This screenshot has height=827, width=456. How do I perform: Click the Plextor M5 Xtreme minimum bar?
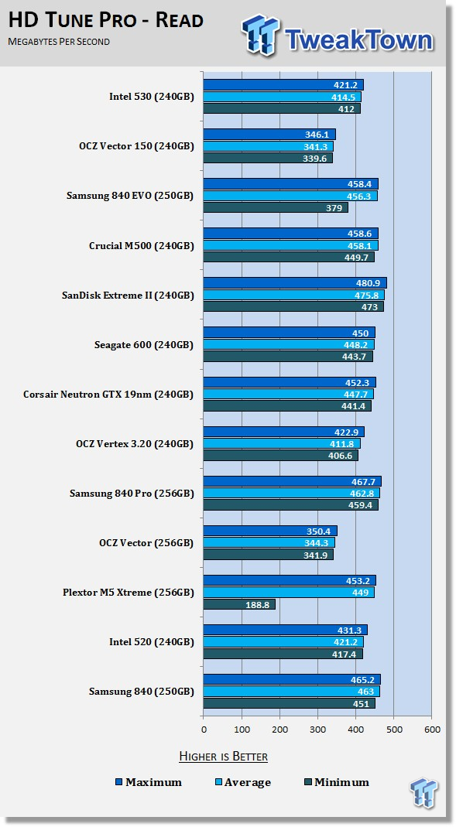click(x=239, y=604)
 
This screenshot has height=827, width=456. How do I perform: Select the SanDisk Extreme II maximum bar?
click(x=294, y=282)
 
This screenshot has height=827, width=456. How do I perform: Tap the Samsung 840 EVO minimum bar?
click(x=276, y=207)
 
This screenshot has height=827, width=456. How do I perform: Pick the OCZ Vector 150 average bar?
click(x=268, y=146)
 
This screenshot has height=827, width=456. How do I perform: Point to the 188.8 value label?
click(x=257, y=605)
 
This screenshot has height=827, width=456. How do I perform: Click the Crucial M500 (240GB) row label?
click(x=142, y=246)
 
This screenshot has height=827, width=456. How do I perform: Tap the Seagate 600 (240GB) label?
click(x=144, y=345)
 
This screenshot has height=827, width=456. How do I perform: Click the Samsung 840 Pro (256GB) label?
click(x=132, y=494)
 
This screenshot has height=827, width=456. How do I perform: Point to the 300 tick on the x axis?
click(x=317, y=730)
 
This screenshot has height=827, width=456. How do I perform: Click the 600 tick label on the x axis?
click(x=432, y=730)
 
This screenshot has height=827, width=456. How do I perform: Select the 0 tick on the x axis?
click(x=204, y=730)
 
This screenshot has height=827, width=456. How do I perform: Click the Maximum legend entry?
click(x=149, y=782)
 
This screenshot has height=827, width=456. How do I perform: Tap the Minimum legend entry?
click(x=336, y=782)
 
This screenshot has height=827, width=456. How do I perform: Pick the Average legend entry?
click(x=243, y=782)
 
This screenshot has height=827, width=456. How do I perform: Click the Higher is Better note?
click(x=223, y=757)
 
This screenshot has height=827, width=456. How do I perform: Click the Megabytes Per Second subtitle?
click(x=59, y=41)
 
